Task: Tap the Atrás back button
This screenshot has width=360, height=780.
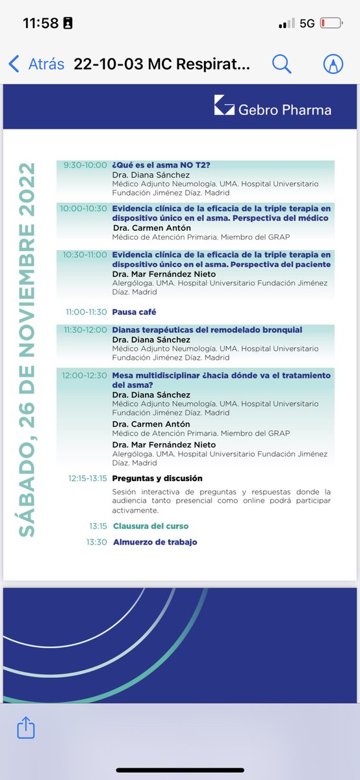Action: (36, 64)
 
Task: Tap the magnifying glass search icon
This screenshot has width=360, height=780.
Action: (281, 64)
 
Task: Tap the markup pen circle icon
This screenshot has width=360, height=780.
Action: (334, 64)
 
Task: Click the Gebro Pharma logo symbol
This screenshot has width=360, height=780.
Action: (224, 105)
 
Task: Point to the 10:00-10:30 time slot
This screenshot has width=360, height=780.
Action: (84, 208)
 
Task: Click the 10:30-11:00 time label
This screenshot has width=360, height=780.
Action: (85, 254)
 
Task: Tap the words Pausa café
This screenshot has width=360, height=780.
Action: (135, 312)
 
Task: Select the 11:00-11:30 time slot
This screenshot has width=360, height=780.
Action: (86, 312)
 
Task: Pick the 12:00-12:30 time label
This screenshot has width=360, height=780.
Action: (84, 375)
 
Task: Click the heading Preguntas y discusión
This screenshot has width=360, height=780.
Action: (157, 478)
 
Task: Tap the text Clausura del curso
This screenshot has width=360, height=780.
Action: (151, 526)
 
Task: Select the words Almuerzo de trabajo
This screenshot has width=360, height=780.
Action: (155, 541)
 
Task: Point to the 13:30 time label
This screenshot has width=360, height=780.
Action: (97, 541)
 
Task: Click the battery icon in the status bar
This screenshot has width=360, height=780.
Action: (331, 23)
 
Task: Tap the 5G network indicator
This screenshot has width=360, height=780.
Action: (307, 23)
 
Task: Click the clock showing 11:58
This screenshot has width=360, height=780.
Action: (40, 23)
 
